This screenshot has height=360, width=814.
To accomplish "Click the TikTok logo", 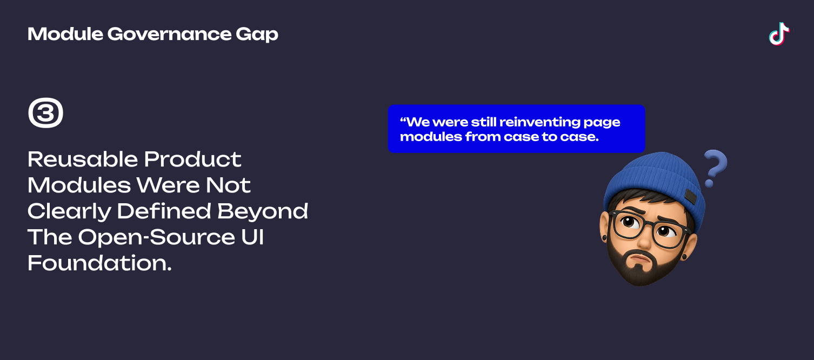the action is point(779,34).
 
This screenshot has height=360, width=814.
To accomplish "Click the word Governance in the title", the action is point(169,34).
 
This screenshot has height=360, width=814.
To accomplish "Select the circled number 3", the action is point(46,112).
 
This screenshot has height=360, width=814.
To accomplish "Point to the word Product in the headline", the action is point(192,159).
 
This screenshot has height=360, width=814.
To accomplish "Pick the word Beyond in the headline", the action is point(263,212).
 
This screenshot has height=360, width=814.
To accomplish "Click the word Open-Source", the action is point(157,238).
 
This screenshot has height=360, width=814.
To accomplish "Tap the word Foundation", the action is point(99,263).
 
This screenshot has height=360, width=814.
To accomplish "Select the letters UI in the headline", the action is point(252,237).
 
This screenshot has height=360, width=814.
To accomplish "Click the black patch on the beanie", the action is point(690,197).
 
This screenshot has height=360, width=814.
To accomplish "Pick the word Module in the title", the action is point(65,34).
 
